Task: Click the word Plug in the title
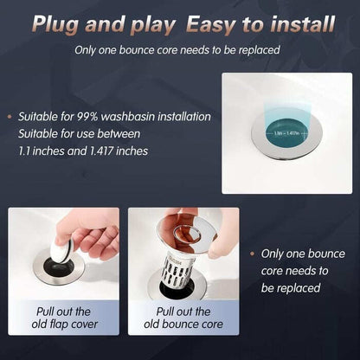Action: (97, 23)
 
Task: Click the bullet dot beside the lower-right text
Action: (252, 254)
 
